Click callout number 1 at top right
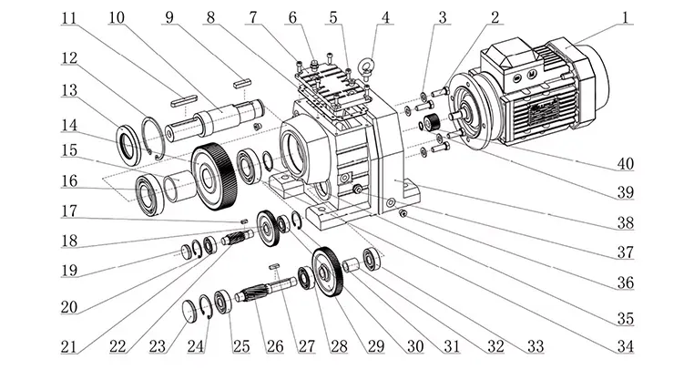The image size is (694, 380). [627, 15]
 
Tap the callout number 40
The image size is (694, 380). [625, 164]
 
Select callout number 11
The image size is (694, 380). [68, 15]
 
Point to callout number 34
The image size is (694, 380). [625, 346]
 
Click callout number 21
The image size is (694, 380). [68, 346]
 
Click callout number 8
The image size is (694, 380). [210, 15]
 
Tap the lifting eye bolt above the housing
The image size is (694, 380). [369, 68]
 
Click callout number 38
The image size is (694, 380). [625, 222]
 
